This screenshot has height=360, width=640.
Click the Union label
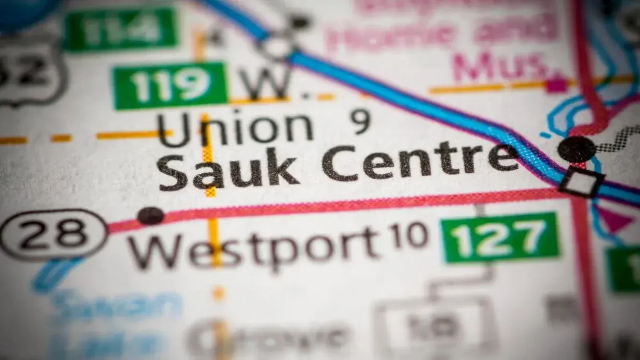235,128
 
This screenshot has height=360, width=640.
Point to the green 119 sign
170,85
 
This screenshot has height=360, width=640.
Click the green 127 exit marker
501,237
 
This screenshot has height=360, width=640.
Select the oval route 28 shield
53,234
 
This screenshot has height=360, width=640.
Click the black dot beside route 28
151,215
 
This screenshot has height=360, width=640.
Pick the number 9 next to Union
361,121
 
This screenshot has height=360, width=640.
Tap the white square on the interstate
581,182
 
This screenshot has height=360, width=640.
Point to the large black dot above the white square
577,149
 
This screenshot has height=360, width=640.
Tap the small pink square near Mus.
556,84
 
